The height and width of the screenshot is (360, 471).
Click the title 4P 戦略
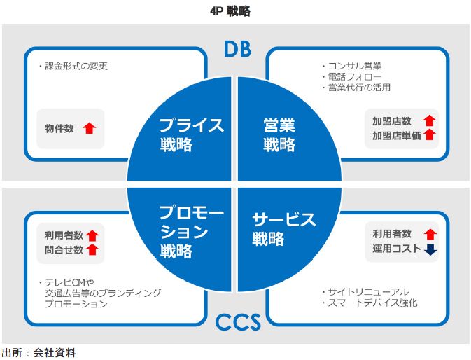(235, 11)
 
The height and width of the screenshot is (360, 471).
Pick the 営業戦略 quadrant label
(279, 135)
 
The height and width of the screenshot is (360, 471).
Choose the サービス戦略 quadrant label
(283, 228)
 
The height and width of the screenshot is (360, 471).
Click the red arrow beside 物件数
(89, 128)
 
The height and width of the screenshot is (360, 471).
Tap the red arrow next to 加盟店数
(430, 121)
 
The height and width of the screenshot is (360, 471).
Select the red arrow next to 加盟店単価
(430, 135)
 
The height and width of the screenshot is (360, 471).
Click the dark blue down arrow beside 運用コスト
(430, 248)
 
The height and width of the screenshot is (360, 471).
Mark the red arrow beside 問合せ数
(92, 249)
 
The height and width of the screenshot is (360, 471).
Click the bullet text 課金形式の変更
(76, 67)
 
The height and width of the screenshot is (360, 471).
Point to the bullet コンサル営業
(354, 67)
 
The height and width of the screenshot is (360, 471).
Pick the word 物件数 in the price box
(59, 129)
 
